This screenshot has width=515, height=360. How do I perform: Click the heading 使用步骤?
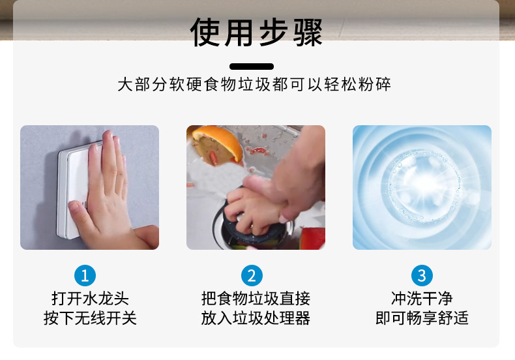[x=256, y=32]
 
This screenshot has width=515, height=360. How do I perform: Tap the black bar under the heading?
[x=252, y=67]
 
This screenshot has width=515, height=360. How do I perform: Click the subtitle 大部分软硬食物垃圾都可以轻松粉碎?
[x=254, y=84]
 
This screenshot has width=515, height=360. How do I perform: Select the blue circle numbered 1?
[x=85, y=275]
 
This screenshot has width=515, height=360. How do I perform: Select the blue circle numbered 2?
[x=252, y=275]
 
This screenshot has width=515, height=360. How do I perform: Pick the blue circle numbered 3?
[x=422, y=275]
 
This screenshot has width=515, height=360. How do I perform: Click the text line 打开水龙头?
[x=90, y=298]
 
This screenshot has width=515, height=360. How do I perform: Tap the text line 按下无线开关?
[x=90, y=318]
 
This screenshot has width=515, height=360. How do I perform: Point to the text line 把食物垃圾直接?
[x=256, y=298]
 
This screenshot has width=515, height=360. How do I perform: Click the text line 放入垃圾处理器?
[x=256, y=318]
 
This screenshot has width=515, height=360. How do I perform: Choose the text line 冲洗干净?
[x=422, y=298]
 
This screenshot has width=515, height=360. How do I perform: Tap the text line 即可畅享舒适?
[x=422, y=318]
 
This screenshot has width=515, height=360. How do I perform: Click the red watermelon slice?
[x=313, y=238]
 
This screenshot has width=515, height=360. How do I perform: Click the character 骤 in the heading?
[x=308, y=32]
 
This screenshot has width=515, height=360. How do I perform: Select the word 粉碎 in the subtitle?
[x=374, y=84]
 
